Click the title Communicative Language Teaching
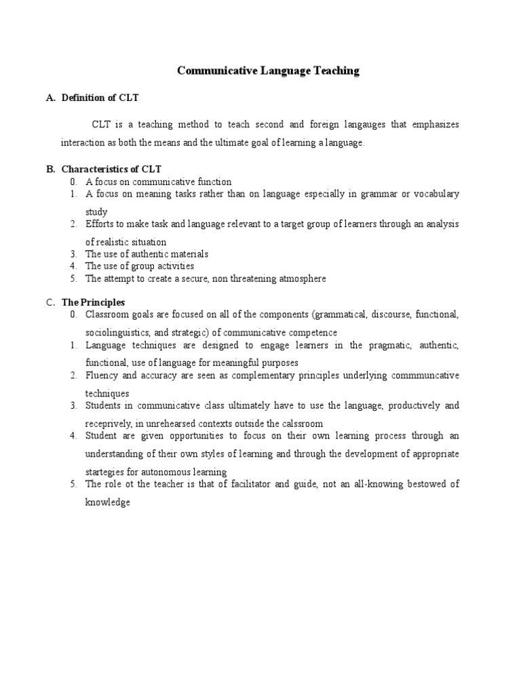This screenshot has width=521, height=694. (268, 70)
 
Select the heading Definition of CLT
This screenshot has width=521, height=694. (100, 98)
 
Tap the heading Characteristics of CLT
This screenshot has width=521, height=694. (111, 169)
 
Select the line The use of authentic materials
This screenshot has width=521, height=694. (147, 254)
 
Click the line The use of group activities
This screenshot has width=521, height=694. (140, 266)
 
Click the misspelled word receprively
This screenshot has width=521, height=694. (111, 423)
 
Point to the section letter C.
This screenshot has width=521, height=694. (50, 302)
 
